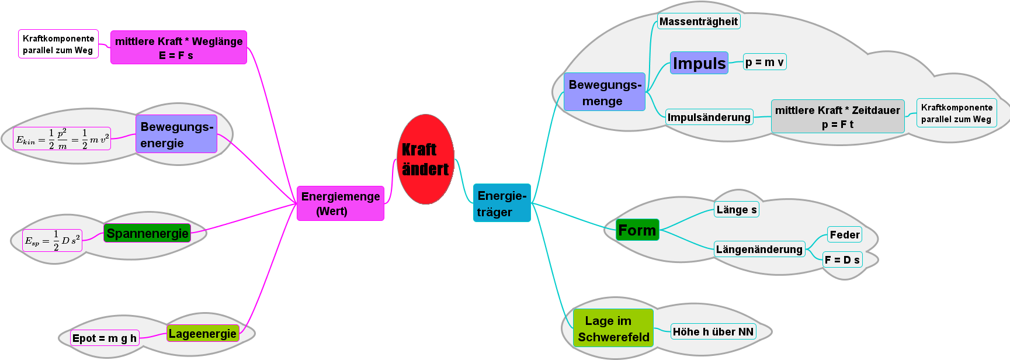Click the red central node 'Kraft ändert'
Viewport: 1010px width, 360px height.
(x=425, y=159)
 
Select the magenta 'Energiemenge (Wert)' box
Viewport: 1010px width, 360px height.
(x=341, y=203)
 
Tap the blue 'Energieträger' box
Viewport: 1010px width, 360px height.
(x=502, y=203)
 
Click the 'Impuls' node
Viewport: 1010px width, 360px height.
(x=699, y=63)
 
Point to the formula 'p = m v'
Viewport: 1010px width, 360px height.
(x=765, y=62)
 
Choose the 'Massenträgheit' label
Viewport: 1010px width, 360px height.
(x=698, y=22)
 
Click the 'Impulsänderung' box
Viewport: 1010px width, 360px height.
(x=709, y=117)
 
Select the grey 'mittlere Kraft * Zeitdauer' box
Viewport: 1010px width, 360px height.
(x=837, y=116)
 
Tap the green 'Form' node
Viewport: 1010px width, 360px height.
(x=637, y=230)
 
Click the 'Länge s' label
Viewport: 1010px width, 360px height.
(x=736, y=210)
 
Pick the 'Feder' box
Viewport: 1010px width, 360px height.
(x=845, y=235)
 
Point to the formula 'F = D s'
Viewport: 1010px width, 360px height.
(x=842, y=260)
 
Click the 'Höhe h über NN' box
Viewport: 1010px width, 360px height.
(x=713, y=332)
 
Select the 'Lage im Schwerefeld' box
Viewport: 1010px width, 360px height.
(x=613, y=328)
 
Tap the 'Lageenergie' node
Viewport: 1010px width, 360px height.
(x=203, y=334)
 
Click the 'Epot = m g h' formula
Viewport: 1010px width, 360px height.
(x=105, y=338)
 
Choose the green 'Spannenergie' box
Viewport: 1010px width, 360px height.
(x=147, y=234)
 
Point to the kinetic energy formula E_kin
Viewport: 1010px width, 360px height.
(x=62, y=139)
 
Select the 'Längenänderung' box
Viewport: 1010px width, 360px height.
(x=759, y=250)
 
